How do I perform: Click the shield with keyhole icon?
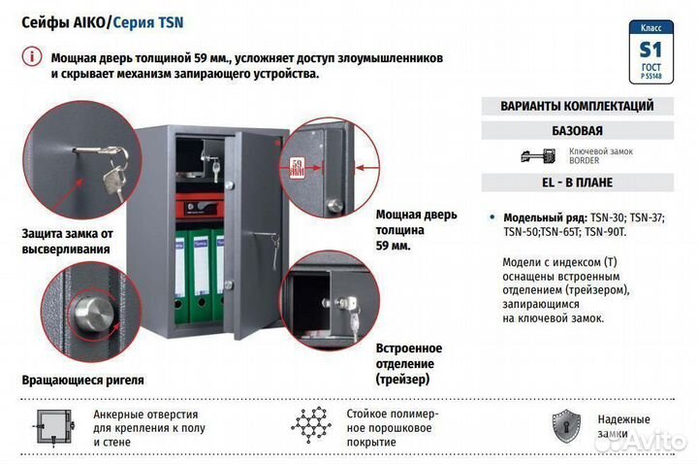[x=565, y=425]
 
